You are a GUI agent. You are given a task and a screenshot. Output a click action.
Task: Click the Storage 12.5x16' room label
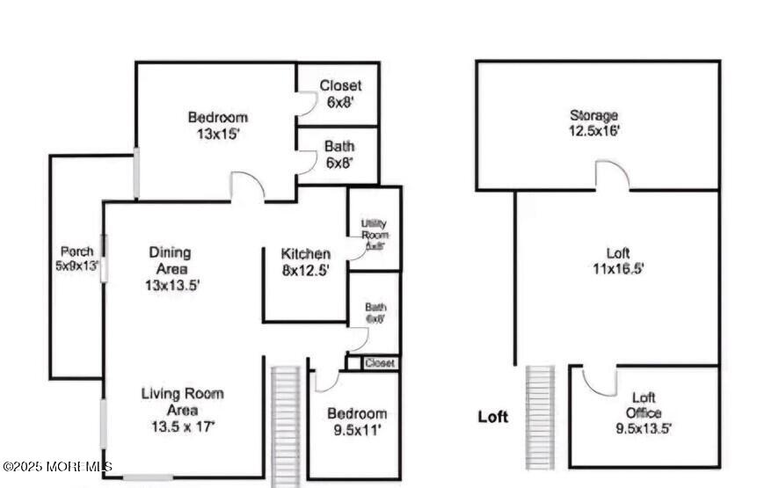593,123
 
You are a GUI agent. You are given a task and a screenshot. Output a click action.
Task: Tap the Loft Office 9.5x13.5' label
644,413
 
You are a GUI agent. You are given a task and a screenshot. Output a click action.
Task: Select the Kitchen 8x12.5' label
305,262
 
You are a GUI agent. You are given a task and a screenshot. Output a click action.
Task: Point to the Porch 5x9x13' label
76,258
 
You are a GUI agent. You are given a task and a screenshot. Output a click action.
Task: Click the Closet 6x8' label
339,94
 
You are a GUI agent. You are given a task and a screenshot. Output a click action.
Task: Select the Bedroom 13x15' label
217,126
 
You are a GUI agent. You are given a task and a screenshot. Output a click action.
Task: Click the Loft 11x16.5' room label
618,261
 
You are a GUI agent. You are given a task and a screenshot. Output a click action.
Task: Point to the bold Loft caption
493,417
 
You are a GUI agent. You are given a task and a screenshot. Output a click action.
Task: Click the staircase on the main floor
286,422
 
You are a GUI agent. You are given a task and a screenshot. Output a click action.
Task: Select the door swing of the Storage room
612,175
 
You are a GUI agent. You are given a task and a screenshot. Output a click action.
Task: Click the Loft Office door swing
599,380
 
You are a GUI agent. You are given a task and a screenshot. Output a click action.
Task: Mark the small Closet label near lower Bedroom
379,362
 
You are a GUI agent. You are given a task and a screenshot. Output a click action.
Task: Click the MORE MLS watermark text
57,466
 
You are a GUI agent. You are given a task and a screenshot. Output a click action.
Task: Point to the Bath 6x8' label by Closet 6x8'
339,155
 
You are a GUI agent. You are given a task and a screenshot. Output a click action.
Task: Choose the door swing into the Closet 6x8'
305,104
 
